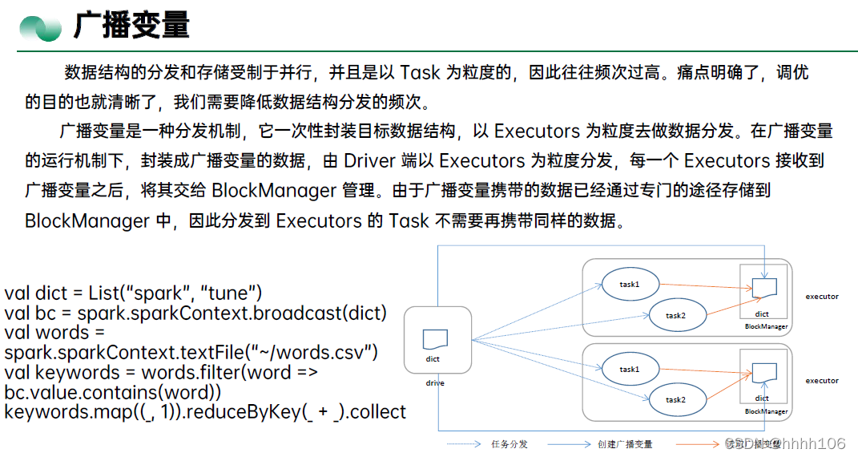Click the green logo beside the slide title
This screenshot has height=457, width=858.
(40, 29)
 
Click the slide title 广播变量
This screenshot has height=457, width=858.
(131, 26)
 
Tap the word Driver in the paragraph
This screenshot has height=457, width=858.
(369, 160)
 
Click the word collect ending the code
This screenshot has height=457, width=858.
(377, 411)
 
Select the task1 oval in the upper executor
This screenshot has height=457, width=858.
(629, 284)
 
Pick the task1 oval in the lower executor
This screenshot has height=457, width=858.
(629, 369)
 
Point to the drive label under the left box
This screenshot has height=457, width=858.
(435, 383)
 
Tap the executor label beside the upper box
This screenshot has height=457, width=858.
(822, 297)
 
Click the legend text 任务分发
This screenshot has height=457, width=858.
(509, 443)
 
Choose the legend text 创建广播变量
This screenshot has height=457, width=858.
(625, 443)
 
